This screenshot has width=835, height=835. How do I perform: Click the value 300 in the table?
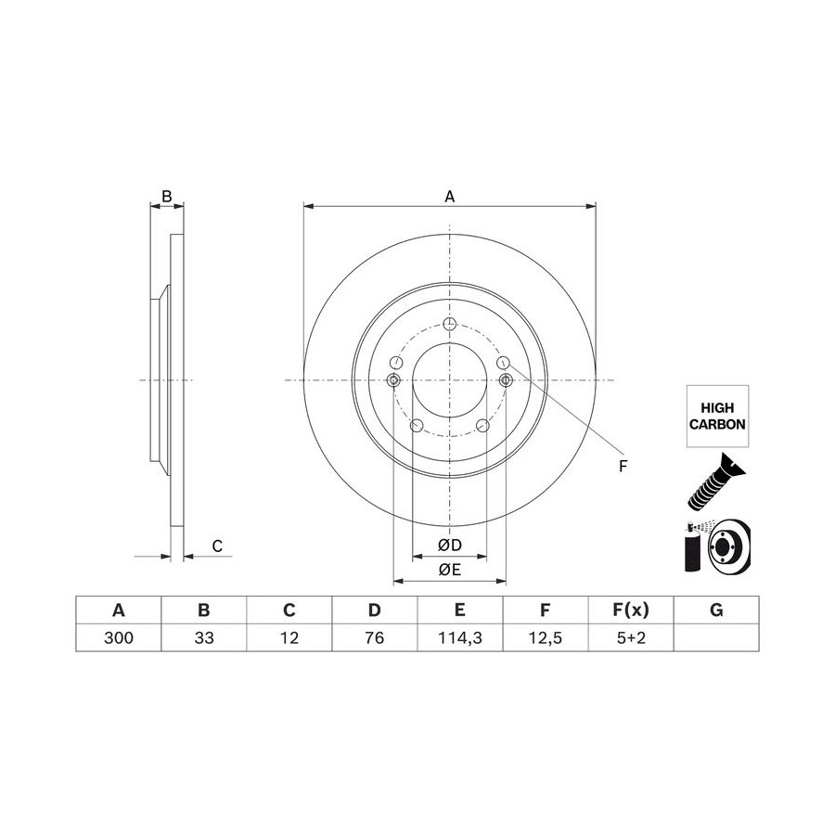[x=119, y=637]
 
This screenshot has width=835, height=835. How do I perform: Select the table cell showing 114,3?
[x=460, y=637]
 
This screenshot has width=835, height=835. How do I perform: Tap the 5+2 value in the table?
[x=631, y=637]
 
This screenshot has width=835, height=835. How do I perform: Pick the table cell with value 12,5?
[x=546, y=637]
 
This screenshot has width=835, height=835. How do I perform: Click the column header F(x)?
[x=631, y=610]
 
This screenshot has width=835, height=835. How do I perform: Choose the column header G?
[x=716, y=610]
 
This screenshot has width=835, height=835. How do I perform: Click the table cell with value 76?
[x=375, y=637]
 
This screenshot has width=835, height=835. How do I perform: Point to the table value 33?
[x=204, y=637]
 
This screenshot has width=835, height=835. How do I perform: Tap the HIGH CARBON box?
[x=717, y=416]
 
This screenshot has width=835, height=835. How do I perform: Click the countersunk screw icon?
[x=716, y=482]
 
